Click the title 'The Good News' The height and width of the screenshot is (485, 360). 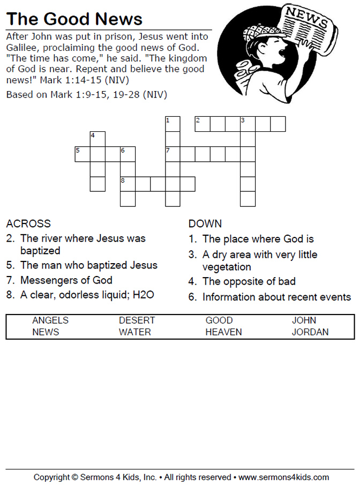tap(74, 19)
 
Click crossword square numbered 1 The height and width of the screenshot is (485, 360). tap(172, 124)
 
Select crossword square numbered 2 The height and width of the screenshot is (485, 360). tap(202, 124)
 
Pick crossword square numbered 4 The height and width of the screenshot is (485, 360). tap(97, 139)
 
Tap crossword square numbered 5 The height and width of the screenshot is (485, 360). tap(82, 154)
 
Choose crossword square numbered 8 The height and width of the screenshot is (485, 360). tap(127, 184)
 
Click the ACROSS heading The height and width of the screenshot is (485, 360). tap(28, 223)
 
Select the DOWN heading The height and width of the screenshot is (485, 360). tap(205, 223)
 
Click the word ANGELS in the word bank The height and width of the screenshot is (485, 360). tap(50, 320)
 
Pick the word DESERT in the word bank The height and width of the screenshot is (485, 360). tap(137, 320)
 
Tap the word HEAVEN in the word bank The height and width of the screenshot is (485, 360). tap(223, 332)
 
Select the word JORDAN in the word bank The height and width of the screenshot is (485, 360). tap(310, 332)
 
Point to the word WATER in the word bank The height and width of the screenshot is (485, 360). tap(135, 332)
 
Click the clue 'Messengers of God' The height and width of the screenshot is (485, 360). tap(66, 280)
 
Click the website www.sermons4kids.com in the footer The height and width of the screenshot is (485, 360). tap(283, 477)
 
